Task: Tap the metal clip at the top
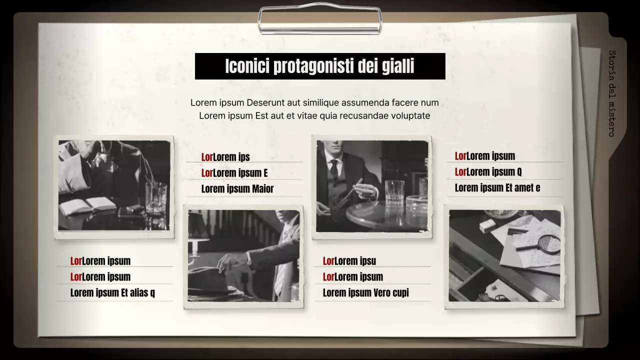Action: tap(320, 20)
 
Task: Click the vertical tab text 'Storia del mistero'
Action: tap(611, 93)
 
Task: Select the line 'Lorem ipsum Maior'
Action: tap(237, 189)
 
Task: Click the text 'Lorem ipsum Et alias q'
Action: tap(112, 293)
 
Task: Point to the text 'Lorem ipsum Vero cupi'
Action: tap(365, 293)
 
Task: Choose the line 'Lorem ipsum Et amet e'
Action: tap(497, 188)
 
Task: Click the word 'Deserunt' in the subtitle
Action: tap(266, 103)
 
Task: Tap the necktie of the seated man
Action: tap(334, 170)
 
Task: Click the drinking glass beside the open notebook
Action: tap(156, 198)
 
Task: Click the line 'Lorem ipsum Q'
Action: tap(488, 172)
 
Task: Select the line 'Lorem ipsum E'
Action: tap(234, 173)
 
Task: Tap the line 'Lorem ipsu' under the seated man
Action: tap(349, 261)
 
